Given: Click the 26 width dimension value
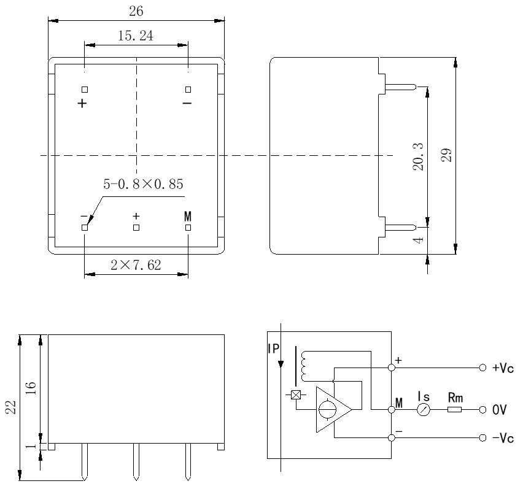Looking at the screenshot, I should [137, 11].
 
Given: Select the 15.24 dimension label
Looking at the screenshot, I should [135, 36].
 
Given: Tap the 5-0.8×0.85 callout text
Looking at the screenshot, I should [143, 184].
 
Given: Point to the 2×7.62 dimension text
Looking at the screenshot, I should [136, 265].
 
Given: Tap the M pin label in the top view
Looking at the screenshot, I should [188, 217].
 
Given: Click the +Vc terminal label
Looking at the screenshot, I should [503, 369].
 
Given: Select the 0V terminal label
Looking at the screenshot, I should [498, 409].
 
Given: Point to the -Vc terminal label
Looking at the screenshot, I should [503, 437].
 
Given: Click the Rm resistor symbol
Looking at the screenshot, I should [454, 409].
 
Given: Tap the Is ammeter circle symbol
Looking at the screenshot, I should [423, 409].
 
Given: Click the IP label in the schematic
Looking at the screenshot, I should [273, 348].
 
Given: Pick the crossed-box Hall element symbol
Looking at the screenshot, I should [296, 395].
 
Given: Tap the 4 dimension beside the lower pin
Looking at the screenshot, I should [419, 240].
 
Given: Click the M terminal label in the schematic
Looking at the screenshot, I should [399, 403].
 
